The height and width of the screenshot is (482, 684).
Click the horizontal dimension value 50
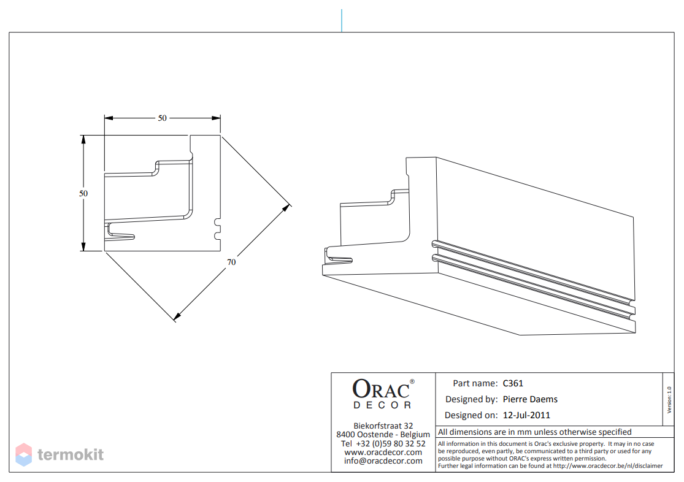tap(163, 118)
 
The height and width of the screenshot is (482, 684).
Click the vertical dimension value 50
tap(83, 193)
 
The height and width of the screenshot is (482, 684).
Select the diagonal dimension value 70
tap(231, 262)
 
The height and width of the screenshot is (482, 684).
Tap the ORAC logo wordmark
tap(381, 388)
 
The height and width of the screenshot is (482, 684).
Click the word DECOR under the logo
tap(382, 405)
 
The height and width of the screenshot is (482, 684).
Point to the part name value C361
tap(513, 383)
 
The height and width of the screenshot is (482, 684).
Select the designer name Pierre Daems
tap(530, 399)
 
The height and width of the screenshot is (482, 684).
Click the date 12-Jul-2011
tap(526, 415)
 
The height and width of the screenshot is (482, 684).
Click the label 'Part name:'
tap(475, 383)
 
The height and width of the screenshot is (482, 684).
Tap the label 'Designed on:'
tap(471, 415)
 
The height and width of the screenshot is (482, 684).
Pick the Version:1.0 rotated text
tap(669, 400)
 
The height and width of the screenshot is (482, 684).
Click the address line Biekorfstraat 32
tap(383, 426)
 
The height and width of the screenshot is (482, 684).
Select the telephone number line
tap(383, 443)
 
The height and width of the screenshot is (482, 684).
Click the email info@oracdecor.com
tap(383, 461)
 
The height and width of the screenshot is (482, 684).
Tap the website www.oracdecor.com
tap(383, 453)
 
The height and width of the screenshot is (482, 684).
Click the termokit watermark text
tap(71, 454)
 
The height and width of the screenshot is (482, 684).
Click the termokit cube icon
tap(23, 454)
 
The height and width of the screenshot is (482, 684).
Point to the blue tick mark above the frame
tap(342, 20)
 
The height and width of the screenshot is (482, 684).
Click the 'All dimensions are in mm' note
tap(535, 432)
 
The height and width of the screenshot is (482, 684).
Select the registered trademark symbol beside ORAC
tap(412, 381)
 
